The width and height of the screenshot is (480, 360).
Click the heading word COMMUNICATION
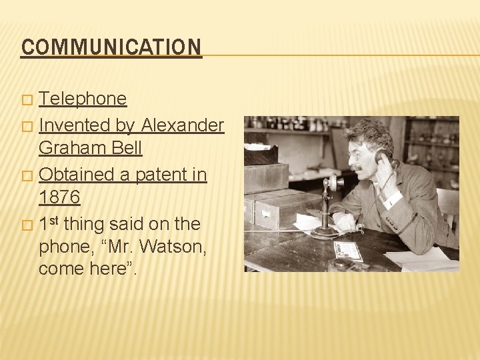click(x=111, y=47)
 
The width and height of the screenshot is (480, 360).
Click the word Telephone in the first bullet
click(x=83, y=99)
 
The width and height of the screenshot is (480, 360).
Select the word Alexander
click(x=182, y=125)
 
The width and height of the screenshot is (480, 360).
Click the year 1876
click(x=59, y=197)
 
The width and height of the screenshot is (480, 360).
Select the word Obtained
click(x=78, y=175)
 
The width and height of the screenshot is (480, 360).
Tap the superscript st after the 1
click(x=54, y=219)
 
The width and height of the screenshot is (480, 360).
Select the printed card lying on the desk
click(x=348, y=251)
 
